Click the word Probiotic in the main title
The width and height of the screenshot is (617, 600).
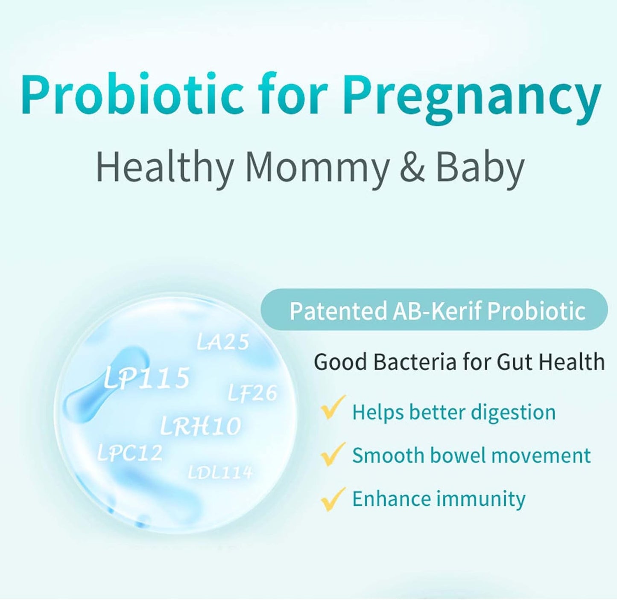point(132,95)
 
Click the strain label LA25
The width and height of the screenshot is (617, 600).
point(222,342)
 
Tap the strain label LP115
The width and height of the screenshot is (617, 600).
point(146,378)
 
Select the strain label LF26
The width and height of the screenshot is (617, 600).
point(252,393)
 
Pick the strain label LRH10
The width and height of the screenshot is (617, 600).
point(200,426)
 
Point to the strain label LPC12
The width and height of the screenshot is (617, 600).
point(130,453)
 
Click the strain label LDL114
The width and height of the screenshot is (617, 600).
point(220,472)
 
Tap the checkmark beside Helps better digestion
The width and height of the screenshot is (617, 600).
point(333,408)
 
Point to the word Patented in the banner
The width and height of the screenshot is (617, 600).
point(338,311)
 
